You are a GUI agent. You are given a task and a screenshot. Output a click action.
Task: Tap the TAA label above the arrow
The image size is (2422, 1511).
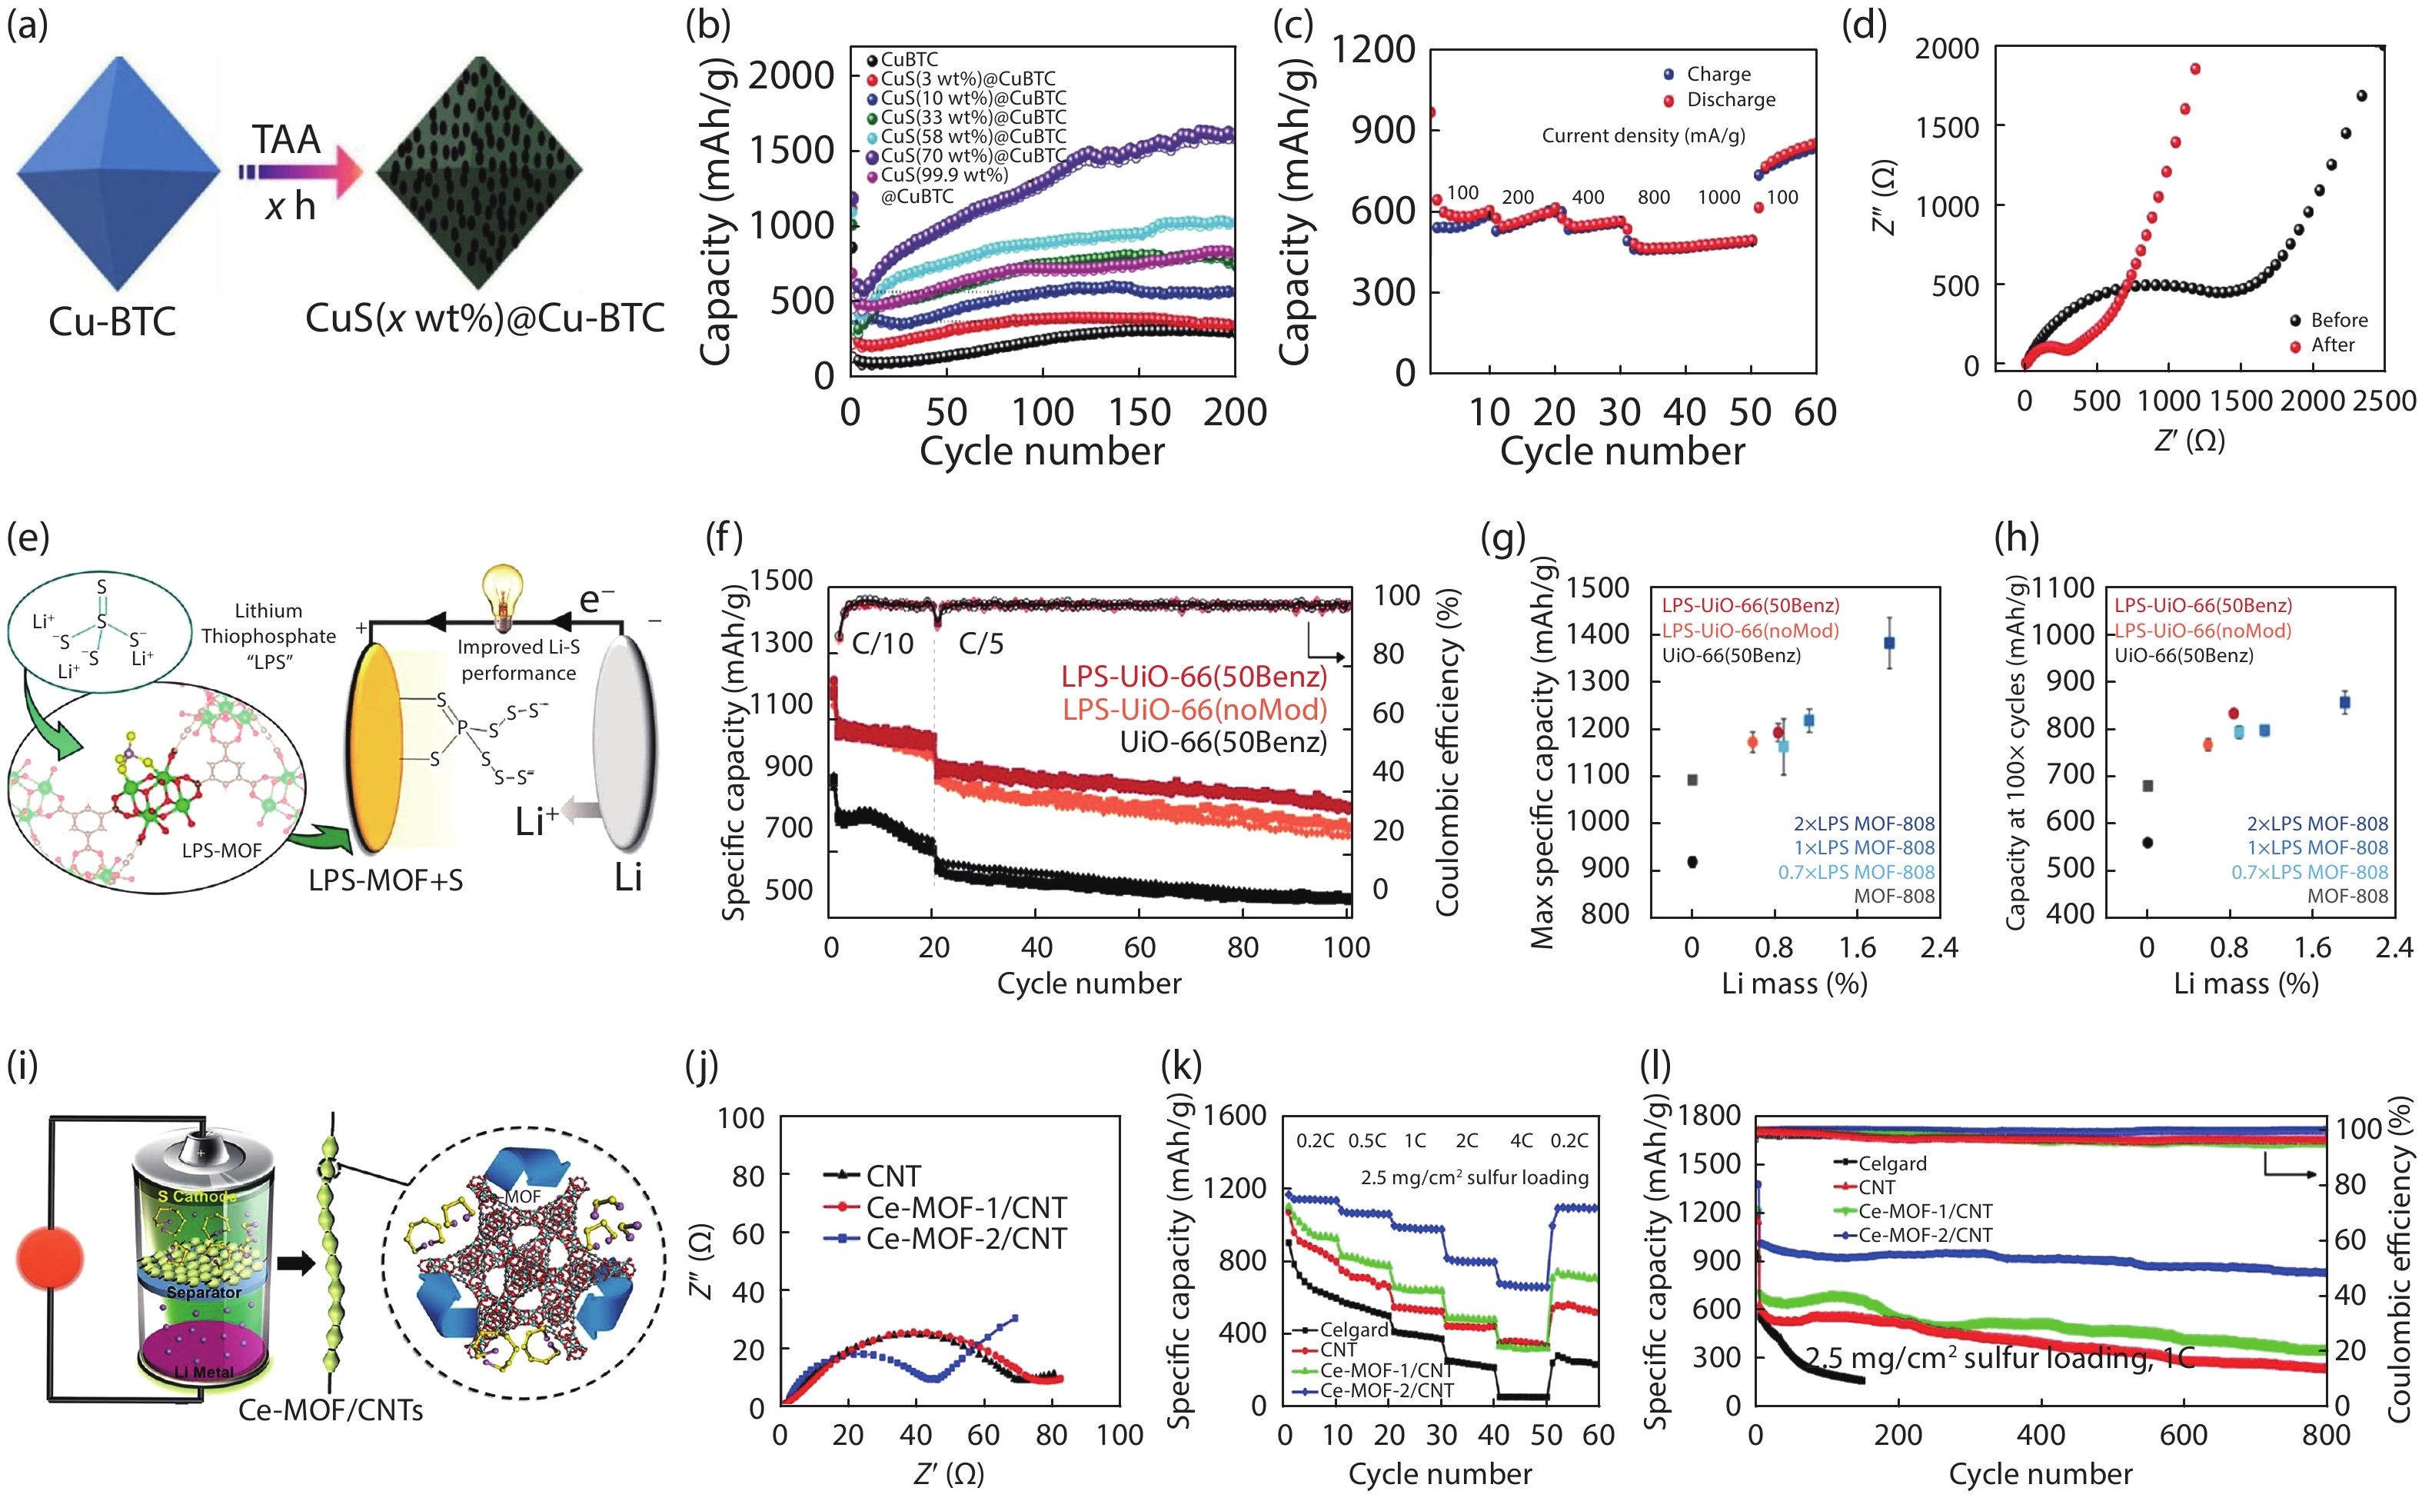click(x=286, y=140)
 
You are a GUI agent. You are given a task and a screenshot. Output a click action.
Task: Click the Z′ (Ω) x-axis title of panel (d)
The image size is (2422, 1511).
click(x=2189, y=440)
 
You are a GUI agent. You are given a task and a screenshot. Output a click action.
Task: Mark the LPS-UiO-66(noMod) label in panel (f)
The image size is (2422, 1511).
click(x=1194, y=710)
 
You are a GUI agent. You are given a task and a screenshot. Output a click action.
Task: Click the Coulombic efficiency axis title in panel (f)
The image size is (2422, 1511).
click(x=1448, y=751)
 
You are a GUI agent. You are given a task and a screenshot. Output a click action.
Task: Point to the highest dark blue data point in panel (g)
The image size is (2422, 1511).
click(x=1888, y=643)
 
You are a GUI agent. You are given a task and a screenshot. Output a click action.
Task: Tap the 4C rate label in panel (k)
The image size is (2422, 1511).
click(x=1521, y=1140)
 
